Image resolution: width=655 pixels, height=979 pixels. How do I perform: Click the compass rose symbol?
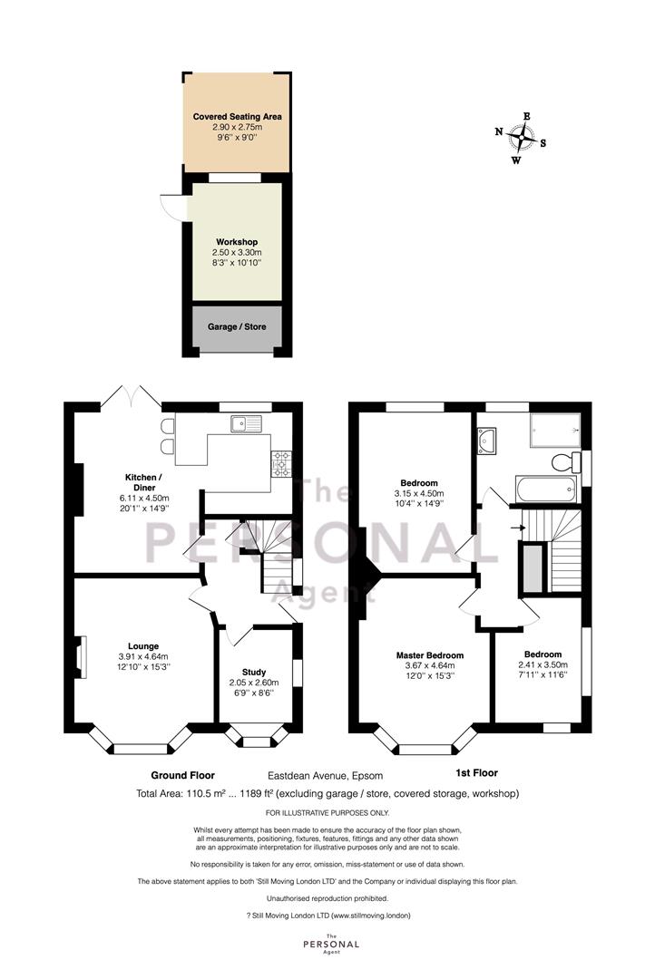coord(521,138)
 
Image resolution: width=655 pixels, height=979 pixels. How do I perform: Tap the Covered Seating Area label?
coord(237,116)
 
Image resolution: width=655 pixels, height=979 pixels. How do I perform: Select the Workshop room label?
coord(237,242)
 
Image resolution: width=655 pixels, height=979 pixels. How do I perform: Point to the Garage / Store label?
coord(237,326)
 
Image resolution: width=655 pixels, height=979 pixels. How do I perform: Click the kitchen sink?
coord(247,424)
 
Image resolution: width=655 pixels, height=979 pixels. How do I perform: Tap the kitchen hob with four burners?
coord(280,464)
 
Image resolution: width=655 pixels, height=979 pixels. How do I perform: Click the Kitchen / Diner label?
coord(144,482)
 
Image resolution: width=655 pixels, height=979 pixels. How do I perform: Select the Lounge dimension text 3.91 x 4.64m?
coord(143,657)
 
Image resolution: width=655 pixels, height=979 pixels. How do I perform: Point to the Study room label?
coord(254,672)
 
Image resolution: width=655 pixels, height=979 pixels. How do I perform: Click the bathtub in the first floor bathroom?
coord(546,489)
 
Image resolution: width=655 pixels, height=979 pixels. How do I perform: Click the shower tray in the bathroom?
coord(555,430)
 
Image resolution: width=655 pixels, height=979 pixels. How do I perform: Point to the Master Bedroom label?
coord(430,655)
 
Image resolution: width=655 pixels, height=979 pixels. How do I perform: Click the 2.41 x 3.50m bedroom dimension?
coord(543,665)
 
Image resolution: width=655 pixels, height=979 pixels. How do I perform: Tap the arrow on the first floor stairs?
coord(518,528)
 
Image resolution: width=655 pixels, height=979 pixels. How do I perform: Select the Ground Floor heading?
coord(182,775)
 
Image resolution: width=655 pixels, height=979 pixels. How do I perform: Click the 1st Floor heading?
coord(476,772)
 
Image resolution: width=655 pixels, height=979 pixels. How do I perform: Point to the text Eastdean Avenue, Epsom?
coord(326,776)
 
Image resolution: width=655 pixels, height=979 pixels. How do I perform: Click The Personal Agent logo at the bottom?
coord(331,944)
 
